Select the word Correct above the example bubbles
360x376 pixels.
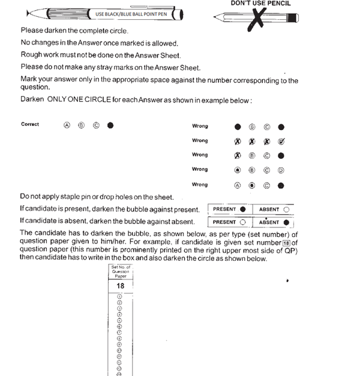point(30,125)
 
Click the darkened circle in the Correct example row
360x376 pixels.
point(110,125)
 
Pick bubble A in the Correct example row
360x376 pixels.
point(67,125)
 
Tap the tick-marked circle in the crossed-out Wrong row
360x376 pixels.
point(281,141)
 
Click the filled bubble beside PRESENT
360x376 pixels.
point(242,209)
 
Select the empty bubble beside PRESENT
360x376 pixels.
point(242,222)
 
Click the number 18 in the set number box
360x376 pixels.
point(120,286)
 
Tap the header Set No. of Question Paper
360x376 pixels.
point(120,272)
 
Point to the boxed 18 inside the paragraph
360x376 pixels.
point(287,242)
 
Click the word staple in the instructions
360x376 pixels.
point(64,197)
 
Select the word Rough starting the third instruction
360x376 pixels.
point(31,55)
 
